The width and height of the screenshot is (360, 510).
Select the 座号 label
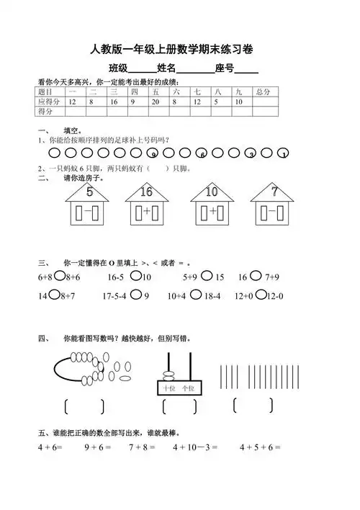(224, 68)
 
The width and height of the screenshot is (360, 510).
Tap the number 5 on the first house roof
(89, 192)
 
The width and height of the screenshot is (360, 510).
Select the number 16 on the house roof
(147, 192)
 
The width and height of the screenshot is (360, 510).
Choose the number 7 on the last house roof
(274, 192)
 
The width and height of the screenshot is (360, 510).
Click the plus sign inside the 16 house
(147, 212)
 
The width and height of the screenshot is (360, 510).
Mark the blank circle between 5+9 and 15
(207, 276)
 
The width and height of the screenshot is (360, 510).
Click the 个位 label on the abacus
(189, 388)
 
